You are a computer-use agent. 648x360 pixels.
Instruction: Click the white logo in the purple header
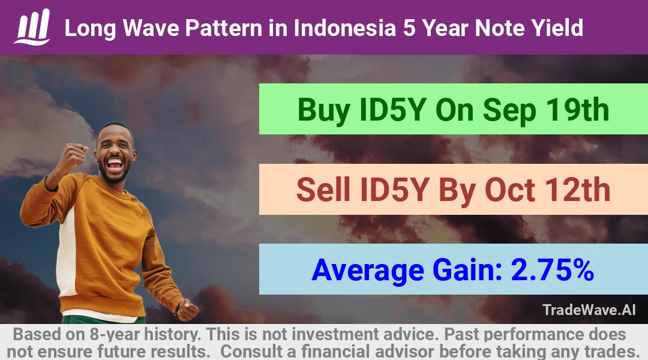click(x=32, y=27)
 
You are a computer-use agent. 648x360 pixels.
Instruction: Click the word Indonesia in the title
click(x=344, y=28)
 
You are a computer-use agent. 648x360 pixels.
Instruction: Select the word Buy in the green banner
click(x=323, y=110)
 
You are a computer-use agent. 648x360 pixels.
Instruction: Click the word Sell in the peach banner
click(x=323, y=190)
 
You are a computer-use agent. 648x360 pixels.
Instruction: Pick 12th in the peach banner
click(x=577, y=190)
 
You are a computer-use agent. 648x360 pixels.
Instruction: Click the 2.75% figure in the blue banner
click(x=553, y=270)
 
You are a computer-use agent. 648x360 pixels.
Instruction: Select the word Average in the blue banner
click(x=368, y=271)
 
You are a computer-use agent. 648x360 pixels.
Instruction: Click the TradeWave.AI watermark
click(x=589, y=310)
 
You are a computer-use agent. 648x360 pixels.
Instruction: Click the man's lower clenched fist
click(x=187, y=310)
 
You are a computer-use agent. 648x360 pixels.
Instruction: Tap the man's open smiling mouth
click(x=115, y=164)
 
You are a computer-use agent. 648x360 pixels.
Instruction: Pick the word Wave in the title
click(x=151, y=28)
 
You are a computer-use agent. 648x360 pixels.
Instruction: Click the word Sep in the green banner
click(x=509, y=111)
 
